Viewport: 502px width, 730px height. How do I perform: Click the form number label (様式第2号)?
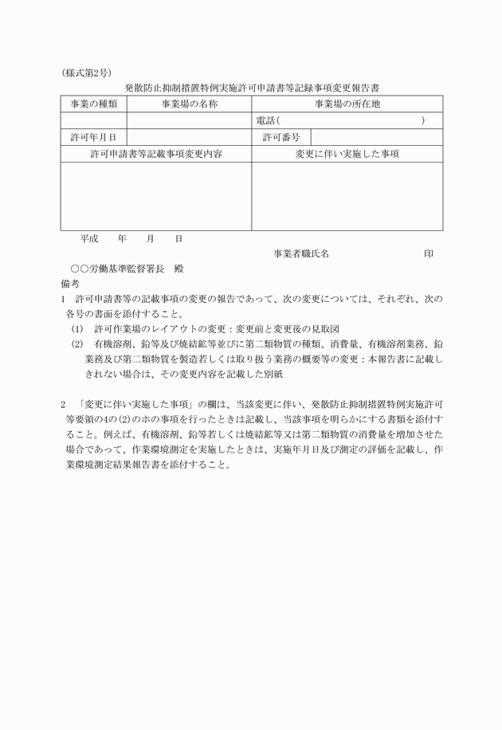85,73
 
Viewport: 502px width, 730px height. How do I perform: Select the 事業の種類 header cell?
93,104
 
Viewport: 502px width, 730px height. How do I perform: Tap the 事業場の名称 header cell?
189,104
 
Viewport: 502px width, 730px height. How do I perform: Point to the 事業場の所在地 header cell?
347,104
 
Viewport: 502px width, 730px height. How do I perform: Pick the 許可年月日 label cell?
93,137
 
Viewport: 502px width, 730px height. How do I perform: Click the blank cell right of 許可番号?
376,137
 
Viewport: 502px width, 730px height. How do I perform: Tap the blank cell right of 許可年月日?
189,137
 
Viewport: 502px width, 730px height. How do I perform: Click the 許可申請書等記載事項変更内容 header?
156,154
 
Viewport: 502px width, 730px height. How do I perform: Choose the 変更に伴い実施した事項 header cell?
347,154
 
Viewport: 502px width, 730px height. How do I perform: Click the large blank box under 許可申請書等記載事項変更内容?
156,196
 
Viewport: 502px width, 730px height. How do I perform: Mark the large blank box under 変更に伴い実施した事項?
347,196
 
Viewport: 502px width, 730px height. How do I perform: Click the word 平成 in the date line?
89,237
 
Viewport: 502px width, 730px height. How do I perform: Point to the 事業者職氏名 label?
300,253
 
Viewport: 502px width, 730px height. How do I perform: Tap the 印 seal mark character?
429,253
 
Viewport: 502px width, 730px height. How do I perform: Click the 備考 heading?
70,283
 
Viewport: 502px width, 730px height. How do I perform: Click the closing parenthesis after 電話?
423,120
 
